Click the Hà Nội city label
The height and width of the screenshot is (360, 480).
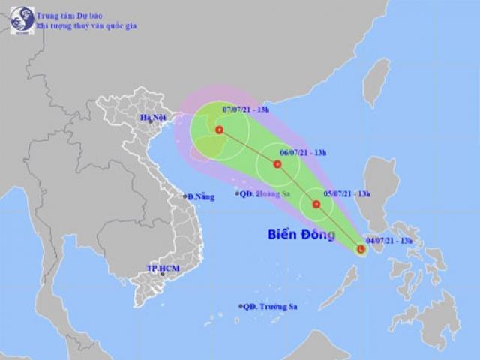[152, 118]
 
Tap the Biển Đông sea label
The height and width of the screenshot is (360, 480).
[298, 235]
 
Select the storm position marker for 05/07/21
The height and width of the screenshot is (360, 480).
[316, 204]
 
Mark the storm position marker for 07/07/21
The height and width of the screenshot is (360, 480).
[219, 130]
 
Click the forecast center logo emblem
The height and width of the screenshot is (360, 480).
[22, 20]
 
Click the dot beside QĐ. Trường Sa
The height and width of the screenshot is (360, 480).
[241, 306]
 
